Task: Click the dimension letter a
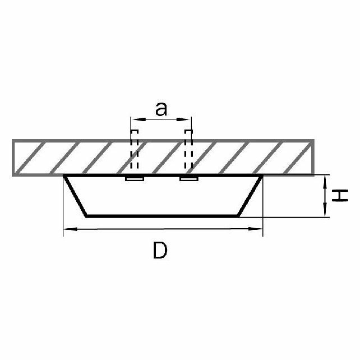(x=161, y=109)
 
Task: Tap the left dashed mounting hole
(x=134, y=151)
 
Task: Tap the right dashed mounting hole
(x=188, y=151)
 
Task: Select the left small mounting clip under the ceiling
(x=134, y=179)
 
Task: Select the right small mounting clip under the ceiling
(x=188, y=179)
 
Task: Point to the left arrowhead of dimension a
(x=133, y=119)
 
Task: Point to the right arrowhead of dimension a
(x=188, y=119)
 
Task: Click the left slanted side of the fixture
(x=76, y=196)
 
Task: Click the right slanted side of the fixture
(x=250, y=196)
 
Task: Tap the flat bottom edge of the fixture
(x=163, y=216)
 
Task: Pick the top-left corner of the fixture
(x=65, y=176)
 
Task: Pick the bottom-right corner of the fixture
(x=240, y=216)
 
